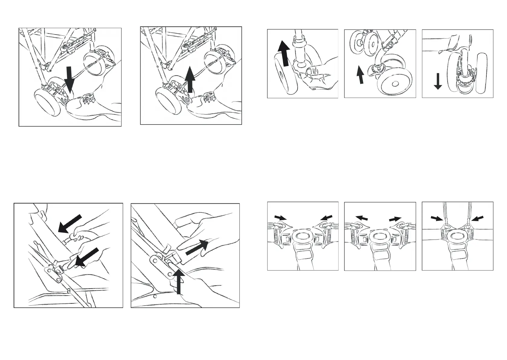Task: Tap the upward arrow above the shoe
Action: point(190,79)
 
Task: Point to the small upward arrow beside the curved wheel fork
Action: point(360,75)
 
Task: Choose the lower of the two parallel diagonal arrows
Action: point(87,257)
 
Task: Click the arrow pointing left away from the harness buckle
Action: point(362,218)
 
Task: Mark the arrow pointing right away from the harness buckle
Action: point(395,219)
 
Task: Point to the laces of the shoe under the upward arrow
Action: point(208,98)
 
